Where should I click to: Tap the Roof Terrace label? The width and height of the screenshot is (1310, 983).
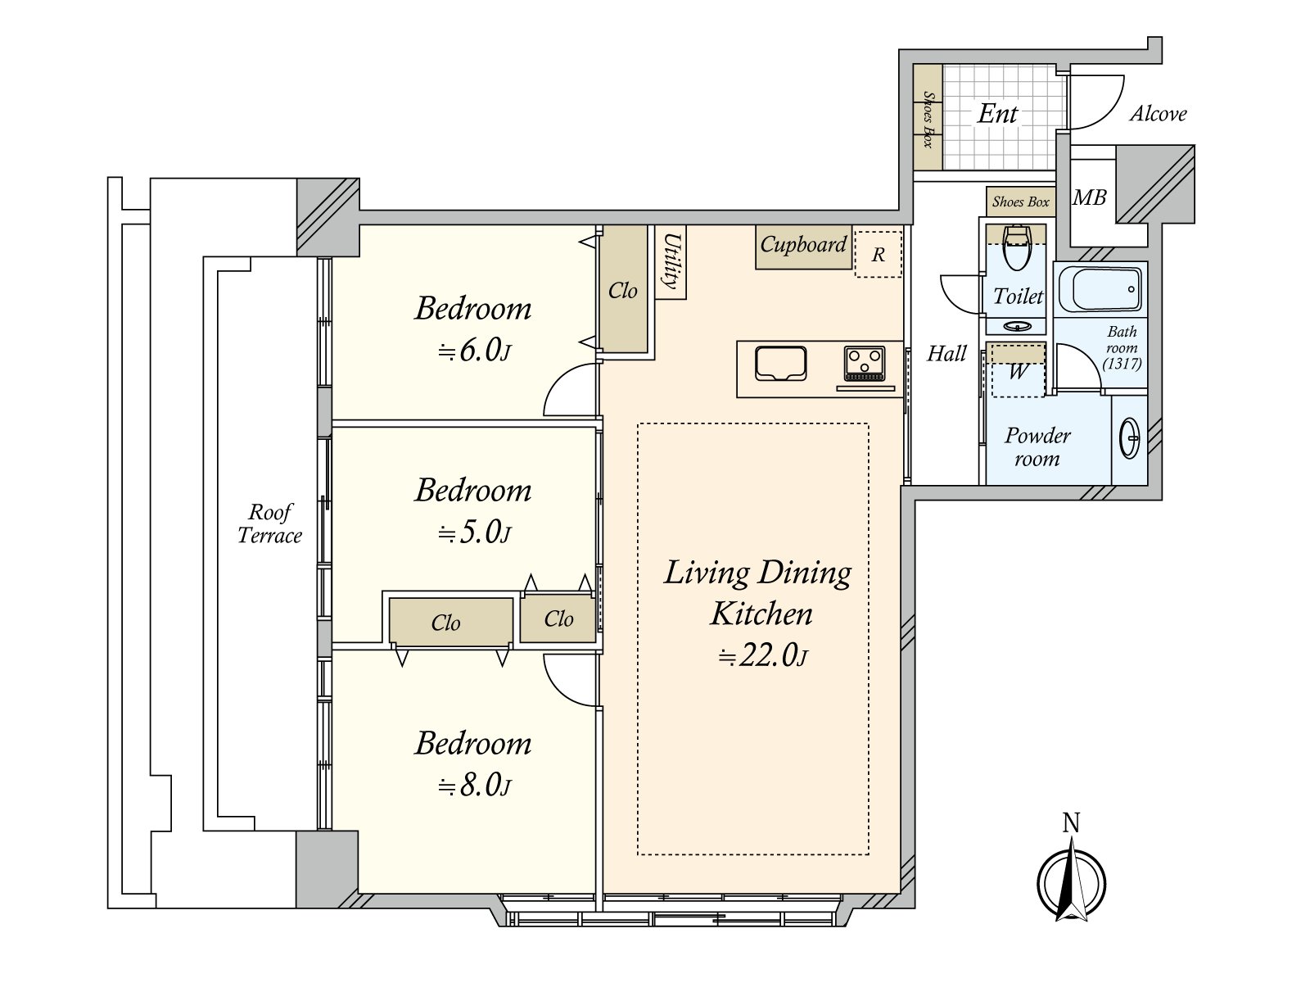click(x=269, y=523)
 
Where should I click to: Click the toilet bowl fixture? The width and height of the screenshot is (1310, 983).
click(x=1016, y=247)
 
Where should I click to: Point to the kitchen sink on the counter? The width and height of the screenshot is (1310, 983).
click(x=780, y=363)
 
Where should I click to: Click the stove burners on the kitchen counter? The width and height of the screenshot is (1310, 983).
click(x=864, y=363)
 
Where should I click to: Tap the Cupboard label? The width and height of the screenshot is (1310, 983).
click(x=803, y=244)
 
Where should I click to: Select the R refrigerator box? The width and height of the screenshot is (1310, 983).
click(x=878, y=254)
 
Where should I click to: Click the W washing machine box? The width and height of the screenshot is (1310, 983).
click(x=1018, y=371)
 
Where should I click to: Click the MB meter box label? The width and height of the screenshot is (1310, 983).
click(x=1089, y=197)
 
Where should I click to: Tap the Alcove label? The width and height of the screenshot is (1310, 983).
click(x=1158, y=113)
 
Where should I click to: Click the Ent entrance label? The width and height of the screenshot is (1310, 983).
click(x=997, y=113)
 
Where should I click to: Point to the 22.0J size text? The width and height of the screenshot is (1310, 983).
click(x=763, y=656)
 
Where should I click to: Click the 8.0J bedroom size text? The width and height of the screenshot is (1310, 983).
click(x=474, y=786)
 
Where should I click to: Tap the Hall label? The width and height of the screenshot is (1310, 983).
click(x=946, y=354)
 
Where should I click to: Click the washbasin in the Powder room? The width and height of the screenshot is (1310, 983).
click(x=1129, y=439)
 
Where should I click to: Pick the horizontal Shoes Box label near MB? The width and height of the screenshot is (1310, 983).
click(x=1020, y=202)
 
